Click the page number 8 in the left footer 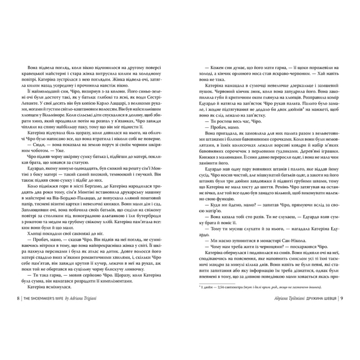pos(19,328)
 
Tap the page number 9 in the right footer pos(341,328)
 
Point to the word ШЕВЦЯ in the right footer pos(326,328)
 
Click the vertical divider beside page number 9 pos(337,328)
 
